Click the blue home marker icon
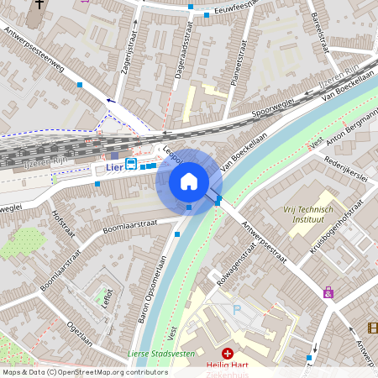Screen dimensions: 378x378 click(x=189, y=181)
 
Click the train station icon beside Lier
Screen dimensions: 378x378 click(x=131, y=164)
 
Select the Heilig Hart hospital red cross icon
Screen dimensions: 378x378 click(x=227, y=354)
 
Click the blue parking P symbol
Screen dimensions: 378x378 click(x=237, y=310)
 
